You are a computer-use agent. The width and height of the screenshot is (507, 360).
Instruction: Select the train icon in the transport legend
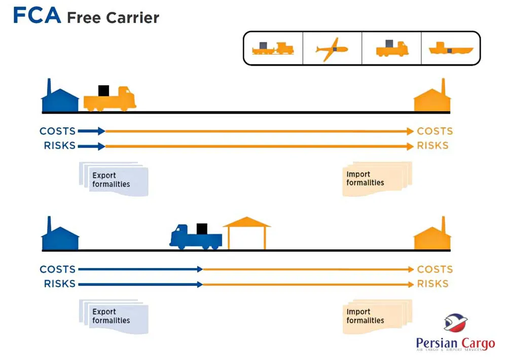(273, 49)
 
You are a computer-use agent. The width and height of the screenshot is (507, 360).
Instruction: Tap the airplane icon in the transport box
(332, 49)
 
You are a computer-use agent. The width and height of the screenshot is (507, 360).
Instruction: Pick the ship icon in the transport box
(451, 49)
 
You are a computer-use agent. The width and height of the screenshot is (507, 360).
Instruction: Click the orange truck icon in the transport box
(391, 49)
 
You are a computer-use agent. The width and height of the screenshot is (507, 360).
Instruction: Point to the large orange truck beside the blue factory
(110, 99)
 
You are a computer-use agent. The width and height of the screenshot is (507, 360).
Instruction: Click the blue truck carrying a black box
(196, 237)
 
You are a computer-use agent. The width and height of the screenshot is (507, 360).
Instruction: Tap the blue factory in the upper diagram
(60, 98)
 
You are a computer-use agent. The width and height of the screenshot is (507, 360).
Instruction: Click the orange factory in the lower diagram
(432, 237)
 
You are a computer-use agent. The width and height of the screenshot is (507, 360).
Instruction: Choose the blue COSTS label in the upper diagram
(57, 131)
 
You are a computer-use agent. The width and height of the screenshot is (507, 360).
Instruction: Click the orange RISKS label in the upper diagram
(432, 146)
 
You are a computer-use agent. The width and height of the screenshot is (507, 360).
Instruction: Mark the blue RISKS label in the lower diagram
(59, 284)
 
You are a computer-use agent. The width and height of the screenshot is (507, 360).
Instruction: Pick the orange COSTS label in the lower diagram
(434, 269)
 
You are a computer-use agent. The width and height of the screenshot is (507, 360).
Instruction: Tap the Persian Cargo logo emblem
(455, 322)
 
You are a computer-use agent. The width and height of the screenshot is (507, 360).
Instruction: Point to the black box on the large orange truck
(103, 91)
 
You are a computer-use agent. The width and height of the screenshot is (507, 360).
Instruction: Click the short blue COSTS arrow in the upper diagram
(91, 131)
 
